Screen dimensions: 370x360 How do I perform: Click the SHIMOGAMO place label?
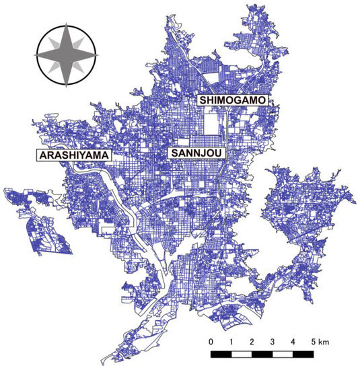click(x=233, y=100)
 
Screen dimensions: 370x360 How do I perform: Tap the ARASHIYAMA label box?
click(x=73, y=155)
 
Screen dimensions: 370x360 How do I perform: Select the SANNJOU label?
click(x=196, y=153)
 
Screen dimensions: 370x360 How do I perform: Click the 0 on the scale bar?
click(x=211, y=341)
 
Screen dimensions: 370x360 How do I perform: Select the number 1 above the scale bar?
click(x=231, y=341)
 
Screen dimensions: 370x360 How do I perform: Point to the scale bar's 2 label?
click(x=252, y=341)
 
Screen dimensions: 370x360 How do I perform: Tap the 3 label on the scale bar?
click(x=272, y=341)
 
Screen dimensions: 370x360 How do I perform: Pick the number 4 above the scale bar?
click(x=292, y=341)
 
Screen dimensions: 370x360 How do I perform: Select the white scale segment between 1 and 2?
click(x=242, y=353)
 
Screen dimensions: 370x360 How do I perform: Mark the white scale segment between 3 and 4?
click(x=282, y=353)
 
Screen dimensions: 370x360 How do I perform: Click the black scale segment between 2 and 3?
click(x=262, y=353)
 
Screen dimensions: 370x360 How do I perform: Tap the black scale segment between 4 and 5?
click(x=302, y=353)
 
